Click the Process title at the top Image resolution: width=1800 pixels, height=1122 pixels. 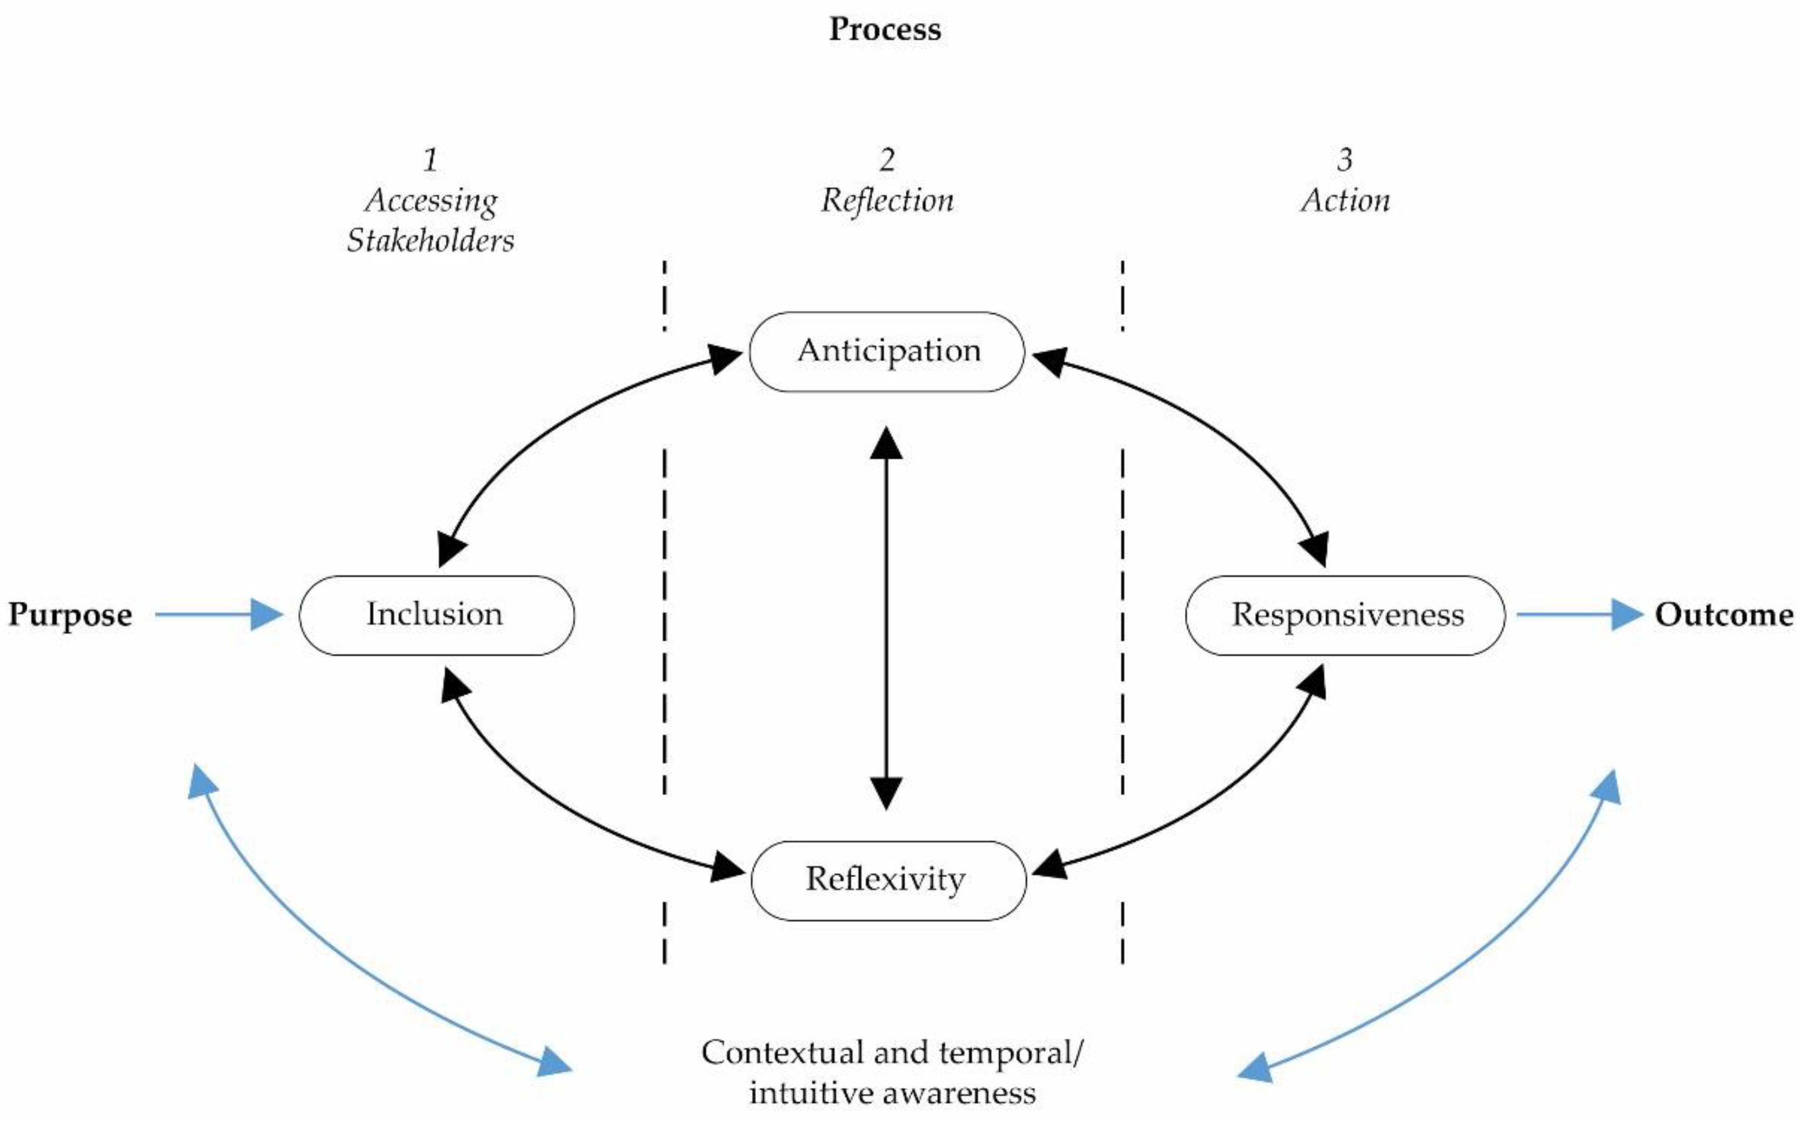pos(884,30)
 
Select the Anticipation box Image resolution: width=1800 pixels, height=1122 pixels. pos(887,351)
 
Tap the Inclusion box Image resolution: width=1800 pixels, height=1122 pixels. pos(436,614)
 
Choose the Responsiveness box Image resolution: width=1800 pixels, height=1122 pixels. pos(1345,614)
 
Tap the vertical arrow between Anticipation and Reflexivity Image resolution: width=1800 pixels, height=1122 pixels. pos(886,616)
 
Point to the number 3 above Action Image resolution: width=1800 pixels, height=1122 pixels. pos(1344,160)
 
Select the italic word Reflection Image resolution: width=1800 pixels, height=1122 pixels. pos(887,200)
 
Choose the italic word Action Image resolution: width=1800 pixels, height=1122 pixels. pos(1345,200)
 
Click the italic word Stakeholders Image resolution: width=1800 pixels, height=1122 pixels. pos(430,241)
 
